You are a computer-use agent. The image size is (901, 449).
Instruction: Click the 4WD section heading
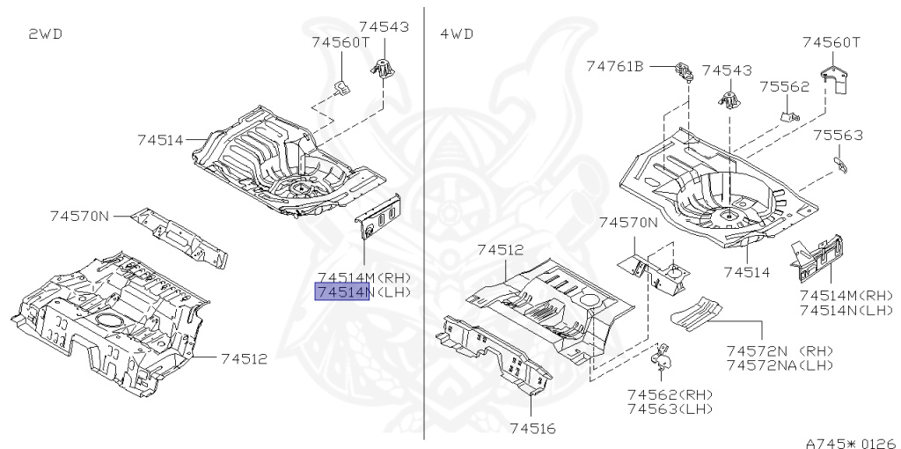[x=456, y=34]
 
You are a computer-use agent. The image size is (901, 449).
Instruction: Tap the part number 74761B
[x=616, y=66]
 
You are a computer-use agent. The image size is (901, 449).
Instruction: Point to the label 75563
[x=838, y=136]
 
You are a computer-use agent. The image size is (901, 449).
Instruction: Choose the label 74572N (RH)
[x=780, y=350]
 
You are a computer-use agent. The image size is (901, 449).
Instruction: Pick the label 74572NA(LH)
[x=780, y=364]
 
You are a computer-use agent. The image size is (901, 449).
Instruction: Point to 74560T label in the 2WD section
[x=340, y=41]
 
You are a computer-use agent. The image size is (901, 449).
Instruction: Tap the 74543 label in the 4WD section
[x=727, y=70]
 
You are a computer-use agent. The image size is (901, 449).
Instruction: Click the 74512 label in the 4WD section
[x=504, y=249]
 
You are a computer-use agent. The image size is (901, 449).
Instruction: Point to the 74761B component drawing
[x=684, y=70]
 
